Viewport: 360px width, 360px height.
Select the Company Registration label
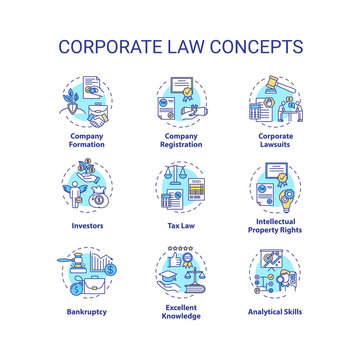[179, 138]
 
